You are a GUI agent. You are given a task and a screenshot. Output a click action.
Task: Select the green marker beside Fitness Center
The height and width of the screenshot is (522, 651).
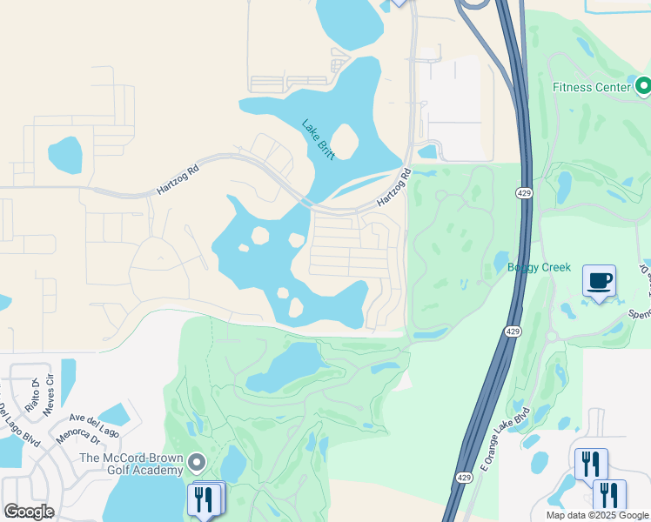point(643,86)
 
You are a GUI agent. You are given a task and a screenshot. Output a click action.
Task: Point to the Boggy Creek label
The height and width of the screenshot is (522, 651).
point(539,267)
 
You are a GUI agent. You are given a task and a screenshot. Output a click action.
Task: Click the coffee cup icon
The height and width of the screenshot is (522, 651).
point(599,281)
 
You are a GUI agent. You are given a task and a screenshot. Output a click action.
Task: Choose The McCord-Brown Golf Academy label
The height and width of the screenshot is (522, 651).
point(131,464)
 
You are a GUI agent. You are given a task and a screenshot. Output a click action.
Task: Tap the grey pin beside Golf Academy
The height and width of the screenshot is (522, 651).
point(198,463)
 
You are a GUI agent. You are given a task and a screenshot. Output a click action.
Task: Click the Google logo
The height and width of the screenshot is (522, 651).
point(29,512)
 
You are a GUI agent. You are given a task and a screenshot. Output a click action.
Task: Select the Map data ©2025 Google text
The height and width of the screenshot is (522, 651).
point(596,515)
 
